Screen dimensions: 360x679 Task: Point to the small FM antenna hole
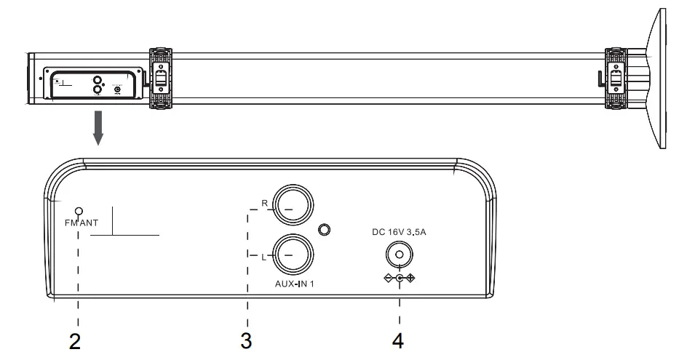79,212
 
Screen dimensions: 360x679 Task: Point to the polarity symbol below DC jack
398,279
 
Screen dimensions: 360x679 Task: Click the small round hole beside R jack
325,231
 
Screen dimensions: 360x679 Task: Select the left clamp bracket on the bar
161,79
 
